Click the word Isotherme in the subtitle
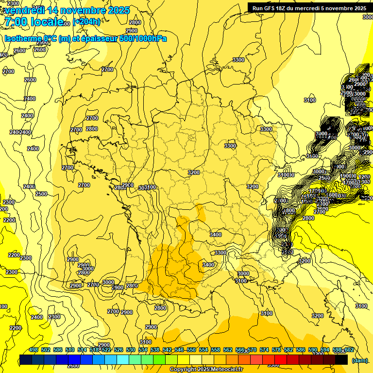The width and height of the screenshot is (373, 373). [x=22, y=39]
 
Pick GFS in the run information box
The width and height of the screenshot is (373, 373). [x=271, y=8]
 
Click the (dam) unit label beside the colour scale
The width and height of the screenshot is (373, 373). [x=359, y=360]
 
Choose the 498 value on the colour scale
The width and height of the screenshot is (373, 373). [x=34, y=350]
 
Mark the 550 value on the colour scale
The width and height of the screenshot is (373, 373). [x=191, y=350]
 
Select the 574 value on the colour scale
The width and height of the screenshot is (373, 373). [x=264, y=350]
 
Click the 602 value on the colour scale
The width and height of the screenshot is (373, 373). [x=349, y=350]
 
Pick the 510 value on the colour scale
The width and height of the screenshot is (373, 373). [x=70, y=350]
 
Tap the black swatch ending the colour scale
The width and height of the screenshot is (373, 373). [x=341, y=359]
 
